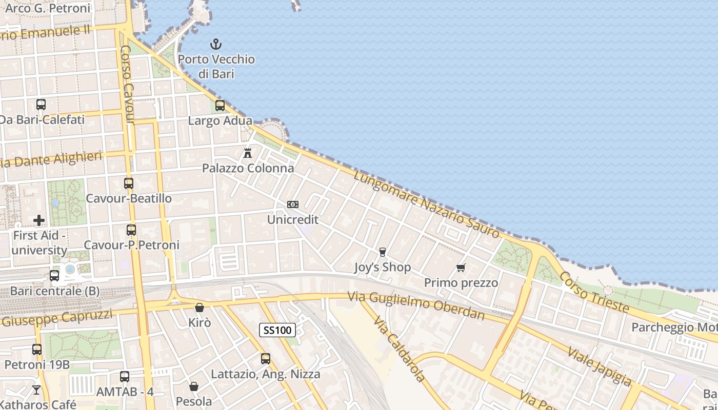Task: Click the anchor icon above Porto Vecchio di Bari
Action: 216,44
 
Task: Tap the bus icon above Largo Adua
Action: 220,106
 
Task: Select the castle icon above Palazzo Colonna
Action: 248,153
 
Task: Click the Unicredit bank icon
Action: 293,204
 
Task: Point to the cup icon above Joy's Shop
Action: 382,252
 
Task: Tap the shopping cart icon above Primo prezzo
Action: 461,268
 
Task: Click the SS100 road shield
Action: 277,330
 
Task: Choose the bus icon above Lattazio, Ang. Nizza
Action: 265,359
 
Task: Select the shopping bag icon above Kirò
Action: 200,307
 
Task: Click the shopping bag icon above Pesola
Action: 194,386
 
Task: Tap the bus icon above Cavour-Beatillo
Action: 129,183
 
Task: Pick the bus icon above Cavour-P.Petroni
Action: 131,230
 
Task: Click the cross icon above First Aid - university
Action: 39,220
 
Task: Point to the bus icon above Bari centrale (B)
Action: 54,276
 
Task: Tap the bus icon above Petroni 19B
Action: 37,350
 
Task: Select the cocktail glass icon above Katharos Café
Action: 36,390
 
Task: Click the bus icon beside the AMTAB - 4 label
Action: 124,377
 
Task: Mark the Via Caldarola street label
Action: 399,349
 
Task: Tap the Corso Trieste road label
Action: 593,292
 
